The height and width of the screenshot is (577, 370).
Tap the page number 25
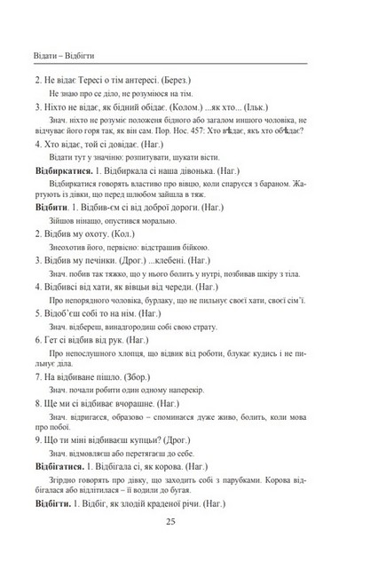coord(181,546)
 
